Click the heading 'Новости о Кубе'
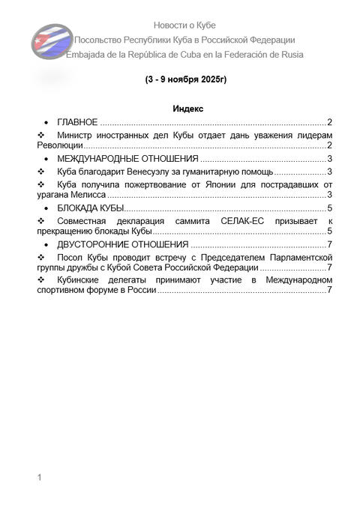pyautogui.click(x=184, y=25)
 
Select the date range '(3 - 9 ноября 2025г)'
pyautogui.click(x=185, y=79)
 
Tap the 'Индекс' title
pyautogui.click(x=188, y=109)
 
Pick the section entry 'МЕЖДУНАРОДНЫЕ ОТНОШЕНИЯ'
pyautogui.click(x=127, y=159)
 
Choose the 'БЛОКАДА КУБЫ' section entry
pyautogui.click(x=90, y=208)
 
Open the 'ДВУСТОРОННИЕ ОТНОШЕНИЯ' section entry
pyautogui.click(x=122, y=245)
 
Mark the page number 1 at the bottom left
pyautogui.click(x=40, y=477)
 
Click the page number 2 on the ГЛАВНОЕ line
pyautogui.click(x=330, y=121)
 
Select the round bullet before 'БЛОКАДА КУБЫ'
pyautogui.click(x=48, y=208)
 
